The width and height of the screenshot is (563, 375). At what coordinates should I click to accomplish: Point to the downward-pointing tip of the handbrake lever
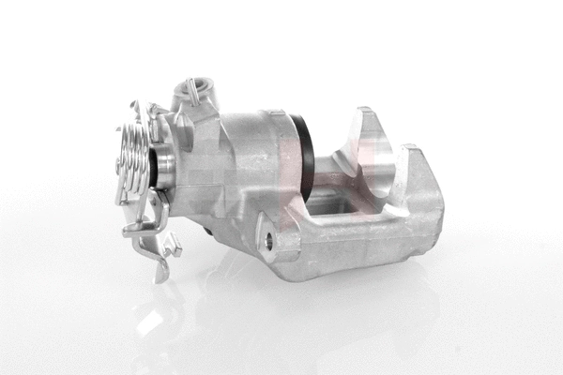tap(160, 274)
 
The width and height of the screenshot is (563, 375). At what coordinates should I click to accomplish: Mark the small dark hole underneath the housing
tap(208, 229)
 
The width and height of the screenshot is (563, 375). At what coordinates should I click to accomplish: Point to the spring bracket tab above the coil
tap(136, 111)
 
